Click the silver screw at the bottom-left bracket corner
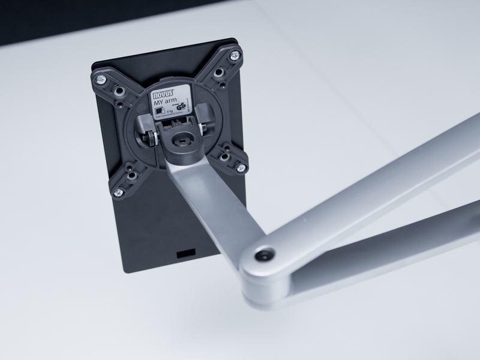click(x=119, y=192)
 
